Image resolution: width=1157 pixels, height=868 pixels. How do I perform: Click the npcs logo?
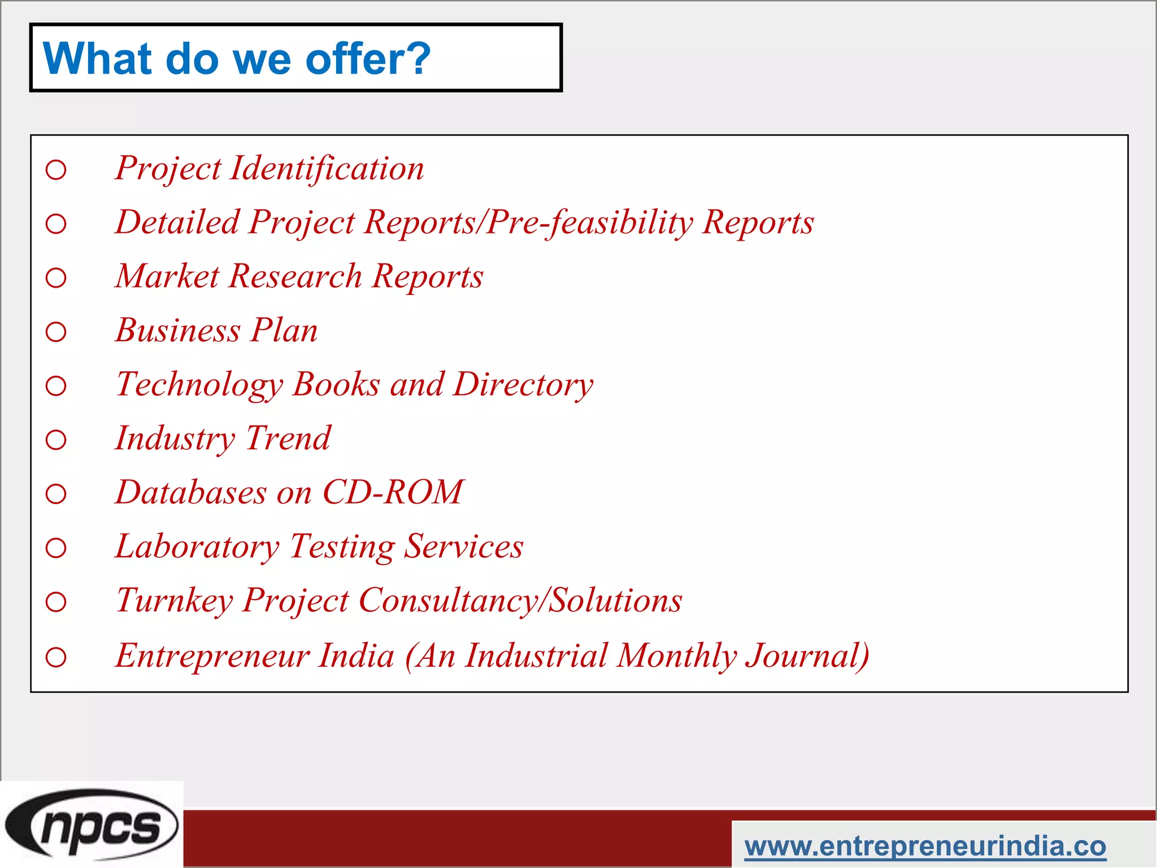[92, 824]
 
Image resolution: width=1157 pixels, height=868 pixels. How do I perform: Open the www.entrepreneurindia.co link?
[925, 846]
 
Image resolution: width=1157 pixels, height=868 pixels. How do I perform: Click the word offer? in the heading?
[368, 58]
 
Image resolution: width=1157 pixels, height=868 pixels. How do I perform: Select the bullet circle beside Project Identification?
[56, 170]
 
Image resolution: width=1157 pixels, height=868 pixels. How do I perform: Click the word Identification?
[327, 168]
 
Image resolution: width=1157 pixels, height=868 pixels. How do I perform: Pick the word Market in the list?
[167, 276]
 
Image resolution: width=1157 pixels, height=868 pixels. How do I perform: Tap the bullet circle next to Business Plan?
[56, 332]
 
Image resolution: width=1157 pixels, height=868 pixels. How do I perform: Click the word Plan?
[284, 330]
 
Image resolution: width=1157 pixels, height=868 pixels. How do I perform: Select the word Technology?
[199, 385]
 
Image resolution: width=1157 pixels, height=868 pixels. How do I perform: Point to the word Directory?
[523, 385]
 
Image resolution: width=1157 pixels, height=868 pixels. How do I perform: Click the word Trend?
[288, 439]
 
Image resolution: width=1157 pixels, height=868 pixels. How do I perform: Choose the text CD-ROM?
[393, 492]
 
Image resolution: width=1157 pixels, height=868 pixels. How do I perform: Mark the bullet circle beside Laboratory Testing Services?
[56, 548]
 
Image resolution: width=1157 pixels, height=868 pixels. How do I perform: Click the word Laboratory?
[197, 546]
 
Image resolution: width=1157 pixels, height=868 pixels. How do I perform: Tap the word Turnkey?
[174, 600]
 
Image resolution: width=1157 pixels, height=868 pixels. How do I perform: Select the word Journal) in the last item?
[807, 656]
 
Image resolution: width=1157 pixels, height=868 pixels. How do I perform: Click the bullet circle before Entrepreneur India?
[56, 657]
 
